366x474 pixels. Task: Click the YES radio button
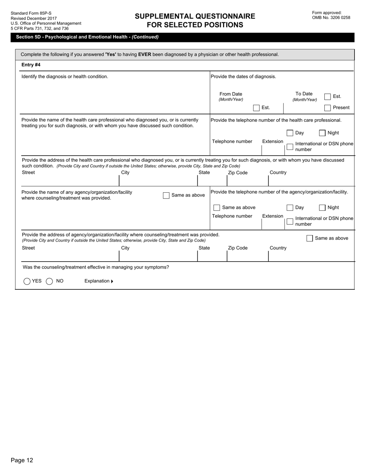[x=27, y=281]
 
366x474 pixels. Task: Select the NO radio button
[x=49, y=281]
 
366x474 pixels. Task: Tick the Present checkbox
[x=327, y=108]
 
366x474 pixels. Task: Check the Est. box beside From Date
[x=256, y=108]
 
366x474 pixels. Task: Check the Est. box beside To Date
[x=327, y=97]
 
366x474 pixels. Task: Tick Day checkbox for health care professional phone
[x=290, y=133]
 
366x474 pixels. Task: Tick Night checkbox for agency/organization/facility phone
[x=322, y=208]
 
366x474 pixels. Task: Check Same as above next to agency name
[x=166, y=195]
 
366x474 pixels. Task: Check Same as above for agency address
[x=310, y=238]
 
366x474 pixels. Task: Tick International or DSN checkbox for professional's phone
[x=290, y=146]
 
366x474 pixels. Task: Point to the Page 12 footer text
[x=22, y=460]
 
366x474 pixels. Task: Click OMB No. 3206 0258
[x=331, y=17]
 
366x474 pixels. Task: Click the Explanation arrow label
[x=99, y=281]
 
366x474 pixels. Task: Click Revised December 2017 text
[x=34, y=18]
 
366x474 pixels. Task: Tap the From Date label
[x=231, y=94]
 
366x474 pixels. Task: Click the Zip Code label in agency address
[x=238, y=248]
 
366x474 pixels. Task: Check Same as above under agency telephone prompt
[x=217, y=208]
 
